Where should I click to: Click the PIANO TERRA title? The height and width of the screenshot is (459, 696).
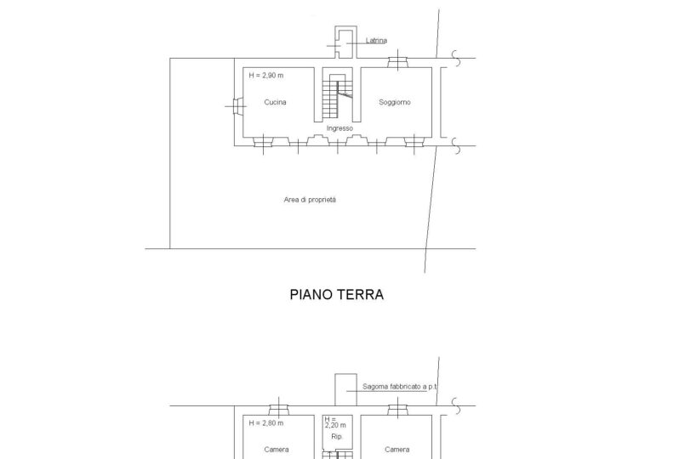[336, 294]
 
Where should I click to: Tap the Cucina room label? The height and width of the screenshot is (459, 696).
[275, 102]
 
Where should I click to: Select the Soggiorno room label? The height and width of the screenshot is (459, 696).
[395, 102]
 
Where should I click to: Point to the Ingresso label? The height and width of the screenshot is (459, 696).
[339, 128]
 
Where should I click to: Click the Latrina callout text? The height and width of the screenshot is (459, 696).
[376, 40]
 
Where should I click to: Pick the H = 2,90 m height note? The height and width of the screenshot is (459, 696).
[265, 76]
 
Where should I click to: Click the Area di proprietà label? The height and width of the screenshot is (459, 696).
[310, 200]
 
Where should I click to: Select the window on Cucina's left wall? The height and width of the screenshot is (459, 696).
[237, 106]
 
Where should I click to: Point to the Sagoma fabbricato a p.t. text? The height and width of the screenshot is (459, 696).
[400, 387]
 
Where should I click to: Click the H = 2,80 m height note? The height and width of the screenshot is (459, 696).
[265, 423]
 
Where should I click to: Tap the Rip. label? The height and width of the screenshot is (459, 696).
[337, 437]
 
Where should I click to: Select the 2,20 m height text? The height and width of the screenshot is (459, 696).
[335, 425]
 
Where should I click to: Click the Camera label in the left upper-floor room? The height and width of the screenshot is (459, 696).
[276, 450]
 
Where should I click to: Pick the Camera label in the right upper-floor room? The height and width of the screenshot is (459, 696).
[396, 450]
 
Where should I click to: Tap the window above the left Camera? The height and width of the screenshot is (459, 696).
[279, 409]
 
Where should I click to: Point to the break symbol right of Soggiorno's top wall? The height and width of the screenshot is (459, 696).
[456, 58]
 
